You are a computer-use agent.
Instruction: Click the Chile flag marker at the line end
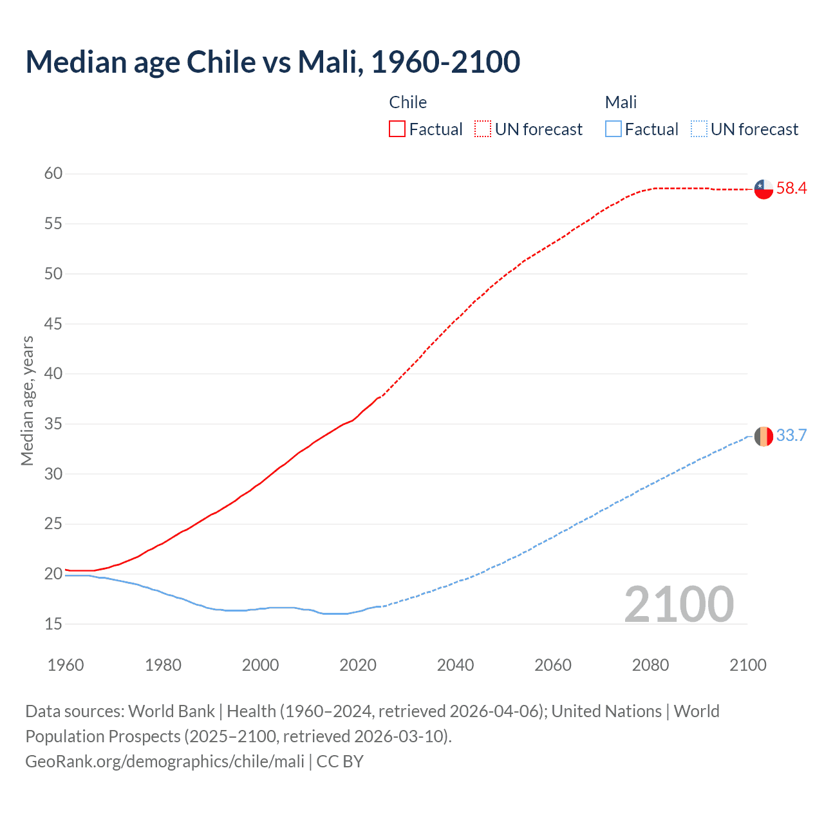tap(763, 189)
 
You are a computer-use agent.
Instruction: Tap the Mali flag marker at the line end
tap(763, 436)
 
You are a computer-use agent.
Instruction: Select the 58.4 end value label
tap(791, 189)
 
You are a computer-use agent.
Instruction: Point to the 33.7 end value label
tap(791, 436)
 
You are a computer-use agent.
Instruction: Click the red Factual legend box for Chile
tap(397, 129)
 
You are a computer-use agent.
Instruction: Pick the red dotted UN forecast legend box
tap(483, 129)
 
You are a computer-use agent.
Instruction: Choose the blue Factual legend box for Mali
tap(613, 129)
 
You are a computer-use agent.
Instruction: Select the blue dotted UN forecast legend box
tap(698, 129)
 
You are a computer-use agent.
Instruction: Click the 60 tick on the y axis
tap(53, 173)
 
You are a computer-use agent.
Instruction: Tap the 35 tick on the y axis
tap(53, 424)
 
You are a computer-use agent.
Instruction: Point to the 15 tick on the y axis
tap(53, 624)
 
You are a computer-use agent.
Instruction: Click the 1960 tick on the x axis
tap(66, 665)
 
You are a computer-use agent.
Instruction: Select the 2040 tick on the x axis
tap(455, 665)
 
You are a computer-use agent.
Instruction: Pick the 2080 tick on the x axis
tap(650, 665)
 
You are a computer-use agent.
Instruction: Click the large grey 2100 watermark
tap(679, 604)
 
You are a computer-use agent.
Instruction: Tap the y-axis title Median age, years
tap(27, 400)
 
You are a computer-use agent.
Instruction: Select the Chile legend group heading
tap(407, 102)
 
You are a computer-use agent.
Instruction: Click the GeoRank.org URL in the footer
tap(165, 762)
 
